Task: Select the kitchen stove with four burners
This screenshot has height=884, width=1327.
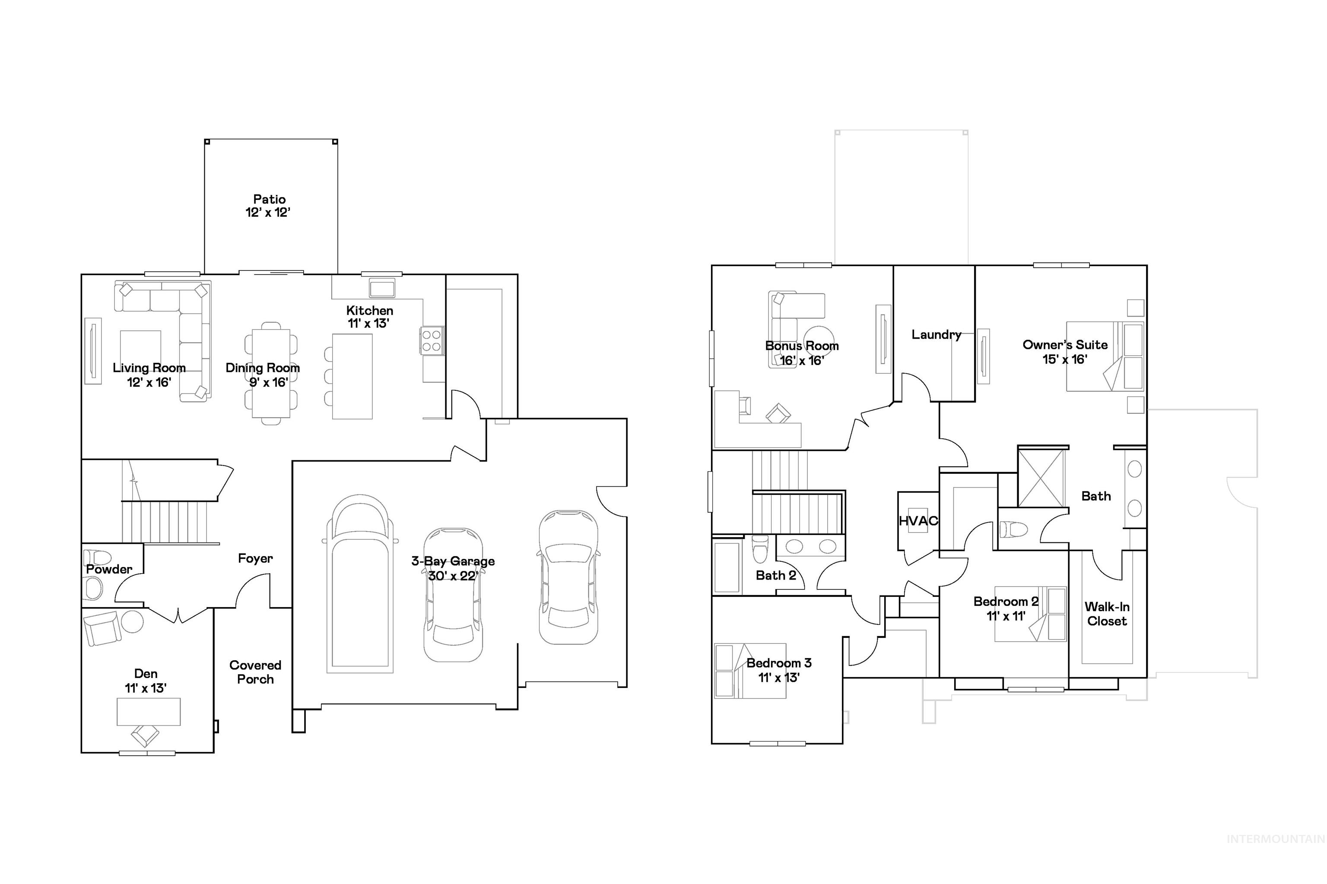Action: pyautogui.click(x=432, y=341)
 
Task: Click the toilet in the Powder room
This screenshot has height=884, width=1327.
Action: pyautogui.click(x=97, y=558)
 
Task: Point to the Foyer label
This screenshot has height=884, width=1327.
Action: pyautogui.click(x=255, y=558)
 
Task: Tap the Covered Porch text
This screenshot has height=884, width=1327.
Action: pyautogui.click(x=255, y=672)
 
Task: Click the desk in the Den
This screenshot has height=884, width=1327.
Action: pyautogui.click(x=148, y=712)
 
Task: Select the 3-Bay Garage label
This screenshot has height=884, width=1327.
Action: pyautogui.click(x=452, y=568)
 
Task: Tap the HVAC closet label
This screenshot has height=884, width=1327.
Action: pyautogui.click(x=917, y=521)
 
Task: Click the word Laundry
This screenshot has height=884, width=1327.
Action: pyautogui.click(x=936, y=334)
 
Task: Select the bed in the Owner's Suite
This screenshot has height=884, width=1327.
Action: pyautogui.click(x=1104, y=356)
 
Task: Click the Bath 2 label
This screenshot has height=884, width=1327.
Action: pyautogui.click(x=775, y=576)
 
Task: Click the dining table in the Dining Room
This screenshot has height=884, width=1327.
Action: pyautogui.click(x=271, y=373)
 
